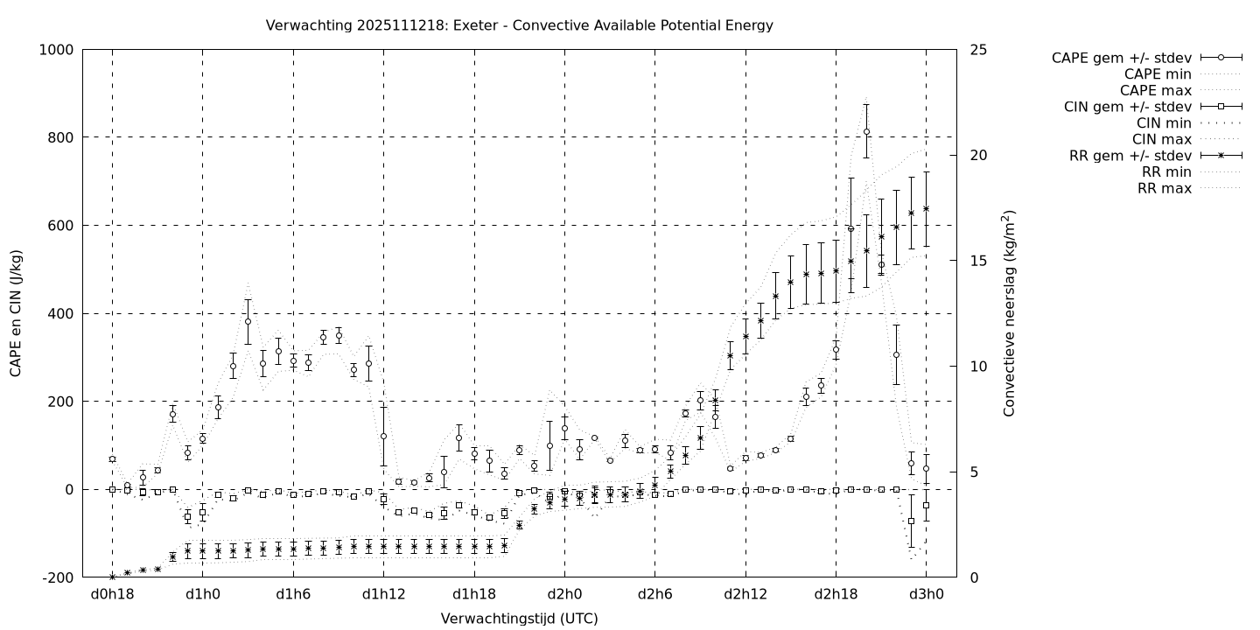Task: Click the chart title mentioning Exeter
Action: (519, 25)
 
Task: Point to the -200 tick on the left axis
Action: (57, 577)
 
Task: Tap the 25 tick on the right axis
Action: (978, 50)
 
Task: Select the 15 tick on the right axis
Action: (978, 261)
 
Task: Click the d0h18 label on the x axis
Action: (112, 595)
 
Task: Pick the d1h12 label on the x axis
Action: (383, 595)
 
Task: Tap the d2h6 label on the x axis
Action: (654, 595)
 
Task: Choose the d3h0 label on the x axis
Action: (926, 595)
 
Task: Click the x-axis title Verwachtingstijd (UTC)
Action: (519, 619)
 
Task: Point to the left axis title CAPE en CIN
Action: (17, 313)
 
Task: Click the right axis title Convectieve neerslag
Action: (1009, 313)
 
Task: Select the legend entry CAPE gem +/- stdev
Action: (1121, 58)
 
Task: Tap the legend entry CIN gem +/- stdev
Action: (1128, 107)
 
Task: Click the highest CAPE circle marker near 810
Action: (866, 132)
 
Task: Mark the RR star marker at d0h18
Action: (112, 577)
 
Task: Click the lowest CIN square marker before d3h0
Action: (911, 521)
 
